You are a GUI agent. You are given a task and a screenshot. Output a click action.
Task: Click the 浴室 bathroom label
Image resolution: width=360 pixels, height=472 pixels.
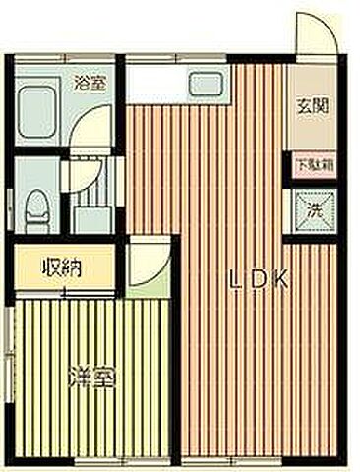point(90,84)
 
